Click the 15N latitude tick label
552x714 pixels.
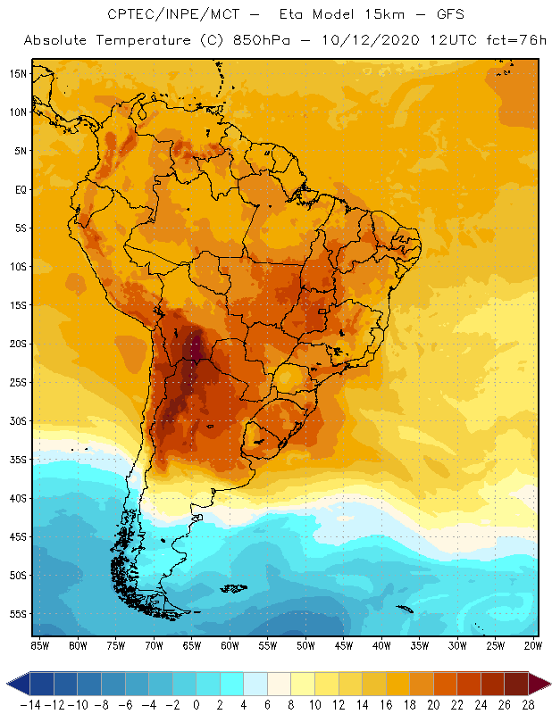point(18,73)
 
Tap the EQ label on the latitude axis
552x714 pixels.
point(20,189)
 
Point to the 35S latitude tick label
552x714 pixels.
point(18,460)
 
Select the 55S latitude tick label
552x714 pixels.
point(18,614)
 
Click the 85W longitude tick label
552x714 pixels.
point(39,645)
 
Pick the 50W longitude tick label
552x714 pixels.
point(306,645)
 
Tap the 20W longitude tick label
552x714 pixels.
point(534,645)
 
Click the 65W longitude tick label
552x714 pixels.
point(192,645)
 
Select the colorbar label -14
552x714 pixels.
point(30,704)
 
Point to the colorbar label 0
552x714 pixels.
point(197,704)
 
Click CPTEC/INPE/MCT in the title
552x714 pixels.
point(163,15)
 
